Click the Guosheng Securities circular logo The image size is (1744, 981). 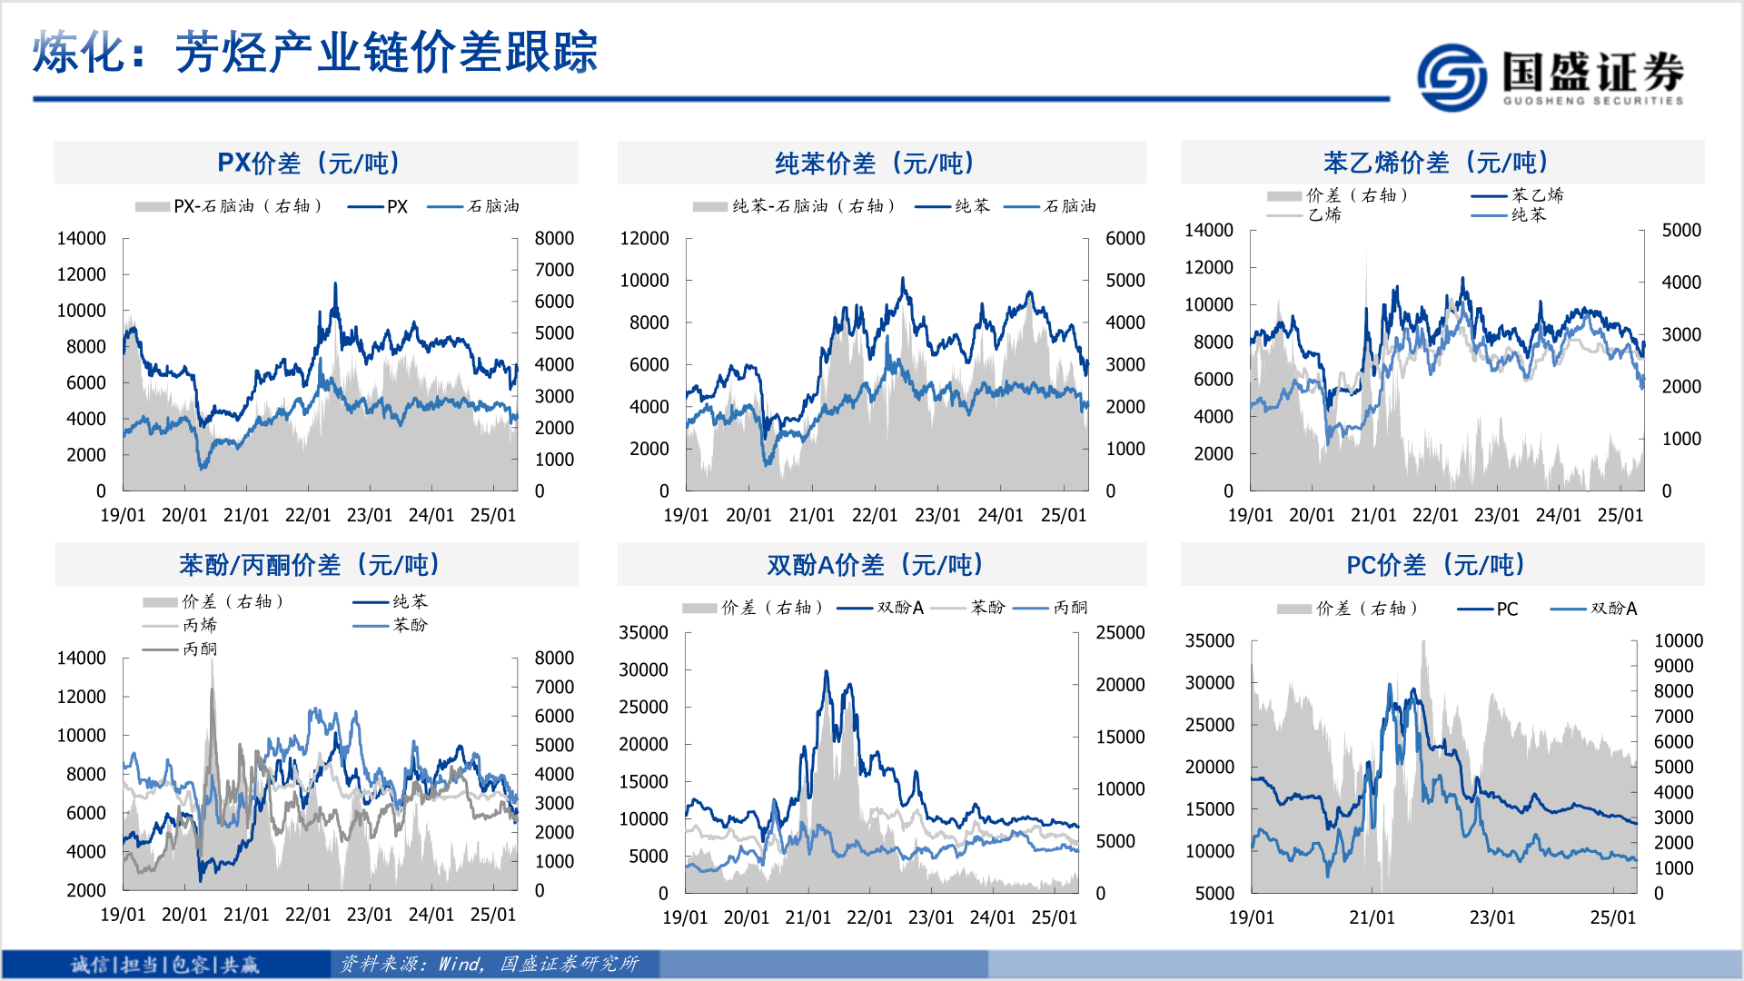click(x=1452, y=77)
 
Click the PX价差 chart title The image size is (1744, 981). click(x=309, y=163)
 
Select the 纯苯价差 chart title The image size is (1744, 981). click(x=875, y=163)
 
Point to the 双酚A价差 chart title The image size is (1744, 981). click(x=875, y=565)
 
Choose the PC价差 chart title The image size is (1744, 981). click(x=1436, y=565)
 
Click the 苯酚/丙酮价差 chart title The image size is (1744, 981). click(x=310, y=565)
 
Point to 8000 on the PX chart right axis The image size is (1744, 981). click(x=554, y=238)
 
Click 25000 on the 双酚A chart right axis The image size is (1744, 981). click(x=1120, y=632)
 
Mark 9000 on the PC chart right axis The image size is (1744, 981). click(x=1673, y=666)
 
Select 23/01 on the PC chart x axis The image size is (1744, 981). click(x=1492, y=917)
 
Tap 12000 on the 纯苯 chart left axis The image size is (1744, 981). click(x=644, y=238)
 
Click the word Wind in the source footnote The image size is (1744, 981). click(x=461, y=964)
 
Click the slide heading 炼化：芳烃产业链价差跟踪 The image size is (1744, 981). click(x=315, y=52)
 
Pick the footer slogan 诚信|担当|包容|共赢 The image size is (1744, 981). click(x=165, y=965)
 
